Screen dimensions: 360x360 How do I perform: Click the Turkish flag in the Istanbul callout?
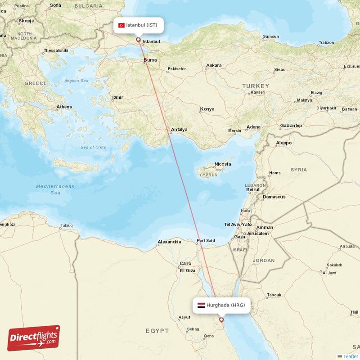pos(121,25)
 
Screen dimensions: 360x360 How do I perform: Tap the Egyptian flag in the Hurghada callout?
pos(201,305)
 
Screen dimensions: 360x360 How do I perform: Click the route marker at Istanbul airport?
pos(138,40)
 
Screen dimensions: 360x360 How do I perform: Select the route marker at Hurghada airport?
pos(221,320)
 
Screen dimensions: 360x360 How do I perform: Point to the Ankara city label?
pos(214,66)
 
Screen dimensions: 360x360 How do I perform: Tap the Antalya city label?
pos(179,130)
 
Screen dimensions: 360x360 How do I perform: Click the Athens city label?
pos(64,107)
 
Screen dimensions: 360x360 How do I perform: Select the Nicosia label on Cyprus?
pos(222,164)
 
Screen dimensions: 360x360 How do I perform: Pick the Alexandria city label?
pos(169,242)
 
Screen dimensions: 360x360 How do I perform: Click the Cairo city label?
pos(185,264)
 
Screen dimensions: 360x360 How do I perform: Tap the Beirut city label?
pos(253,190)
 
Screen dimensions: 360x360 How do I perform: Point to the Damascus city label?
pos(274,197)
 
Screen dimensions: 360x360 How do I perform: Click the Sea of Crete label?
pos(93,148)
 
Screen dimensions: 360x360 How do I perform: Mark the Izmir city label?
pos(118,97)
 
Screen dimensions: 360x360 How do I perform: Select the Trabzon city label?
pos(326,43)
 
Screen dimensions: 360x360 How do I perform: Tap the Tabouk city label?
pos(274,295)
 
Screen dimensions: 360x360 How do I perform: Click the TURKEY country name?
pos(255,86)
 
